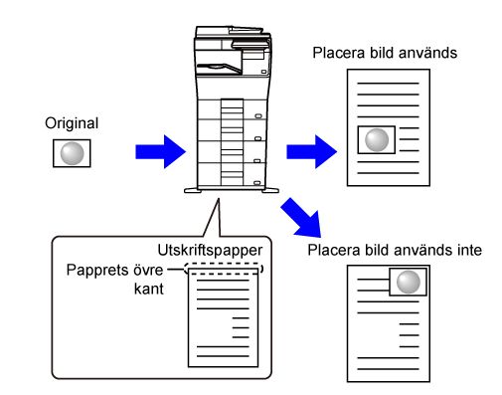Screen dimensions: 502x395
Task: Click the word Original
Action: coord(72,124)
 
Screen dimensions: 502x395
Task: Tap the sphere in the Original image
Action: coord(72,153)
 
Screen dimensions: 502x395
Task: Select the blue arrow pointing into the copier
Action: coord(161,152)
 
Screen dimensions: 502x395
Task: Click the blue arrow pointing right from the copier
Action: coord(312,152)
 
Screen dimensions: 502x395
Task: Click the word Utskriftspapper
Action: coord(210,251)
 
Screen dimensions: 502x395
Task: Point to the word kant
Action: coord(149,289)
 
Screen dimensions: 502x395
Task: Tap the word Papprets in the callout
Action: coord(94,271)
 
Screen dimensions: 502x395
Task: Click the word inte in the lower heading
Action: coord(469,250)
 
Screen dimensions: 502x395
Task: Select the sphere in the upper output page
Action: coord(377,140)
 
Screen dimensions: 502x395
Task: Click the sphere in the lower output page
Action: coord(409,282)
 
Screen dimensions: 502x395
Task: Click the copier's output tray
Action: coord(219,68)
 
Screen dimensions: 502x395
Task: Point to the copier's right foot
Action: coord(270,190)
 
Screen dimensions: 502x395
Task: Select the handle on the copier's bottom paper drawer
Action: coord(257,183)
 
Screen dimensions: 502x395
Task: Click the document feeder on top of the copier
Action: coord(232,32)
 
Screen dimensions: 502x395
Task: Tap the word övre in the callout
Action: coord(148,270)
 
